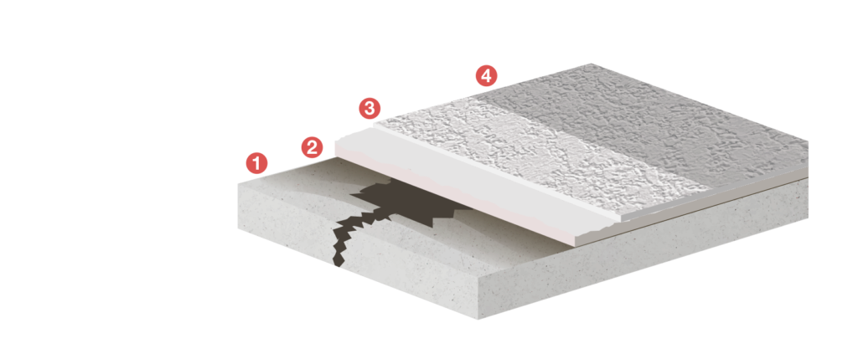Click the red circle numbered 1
coord(256,163)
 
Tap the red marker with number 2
coord(312,147)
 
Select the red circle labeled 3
coord(370,108)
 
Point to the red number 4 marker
coord(486,75)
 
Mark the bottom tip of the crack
coord(339,267)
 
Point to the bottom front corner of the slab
coord(478,319)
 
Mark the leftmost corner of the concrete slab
coord(238,183)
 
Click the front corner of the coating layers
coord(576,245)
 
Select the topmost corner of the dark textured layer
coord(591,64)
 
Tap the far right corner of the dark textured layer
coord(808,142)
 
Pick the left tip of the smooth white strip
coord(336,144)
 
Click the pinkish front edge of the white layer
coord(454,197)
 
